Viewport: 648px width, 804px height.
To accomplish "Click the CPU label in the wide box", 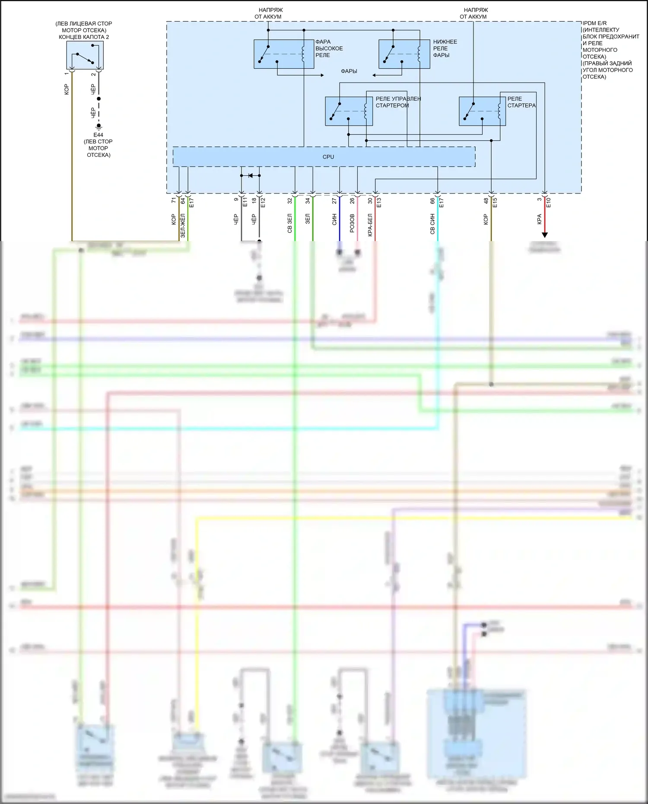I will [x=328, y=157].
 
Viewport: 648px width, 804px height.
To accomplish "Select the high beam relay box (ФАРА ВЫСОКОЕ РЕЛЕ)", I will [x=284, y=54].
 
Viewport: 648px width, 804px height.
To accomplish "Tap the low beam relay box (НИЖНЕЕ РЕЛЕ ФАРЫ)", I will [x=404, y=54].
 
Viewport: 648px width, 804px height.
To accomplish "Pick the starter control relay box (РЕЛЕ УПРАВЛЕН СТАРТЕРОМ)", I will [x=349, y=111].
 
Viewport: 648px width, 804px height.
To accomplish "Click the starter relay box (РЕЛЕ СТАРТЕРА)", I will [x=482, y=111].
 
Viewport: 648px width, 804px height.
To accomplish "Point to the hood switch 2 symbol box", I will [x=85, y=55].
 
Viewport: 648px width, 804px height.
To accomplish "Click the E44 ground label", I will [x=98, y=135].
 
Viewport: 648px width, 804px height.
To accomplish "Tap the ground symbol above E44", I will [x=98, y=126].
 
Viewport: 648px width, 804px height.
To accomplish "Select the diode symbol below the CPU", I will [x=250, y=175].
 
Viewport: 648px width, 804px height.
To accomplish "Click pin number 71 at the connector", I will [x=174, y=200].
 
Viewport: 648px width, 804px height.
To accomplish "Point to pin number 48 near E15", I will [x=486, y=201].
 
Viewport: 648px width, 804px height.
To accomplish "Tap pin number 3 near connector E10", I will [x=539, y=199].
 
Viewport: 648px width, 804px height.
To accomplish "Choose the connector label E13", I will [x=379, y=202].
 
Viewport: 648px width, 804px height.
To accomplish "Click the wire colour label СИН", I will [x=334, y=220].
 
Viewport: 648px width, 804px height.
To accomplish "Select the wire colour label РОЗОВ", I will [x=352, y=223].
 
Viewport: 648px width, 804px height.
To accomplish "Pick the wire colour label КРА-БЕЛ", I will [x=370, y=225].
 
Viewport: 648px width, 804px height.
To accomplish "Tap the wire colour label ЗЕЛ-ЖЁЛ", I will [x=183, y=225].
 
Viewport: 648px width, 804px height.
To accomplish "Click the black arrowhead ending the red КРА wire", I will [x=545, y=235].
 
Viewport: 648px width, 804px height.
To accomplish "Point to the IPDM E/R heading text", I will [x=594, y=23].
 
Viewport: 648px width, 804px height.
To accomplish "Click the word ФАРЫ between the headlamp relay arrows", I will [x=349, y=71].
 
